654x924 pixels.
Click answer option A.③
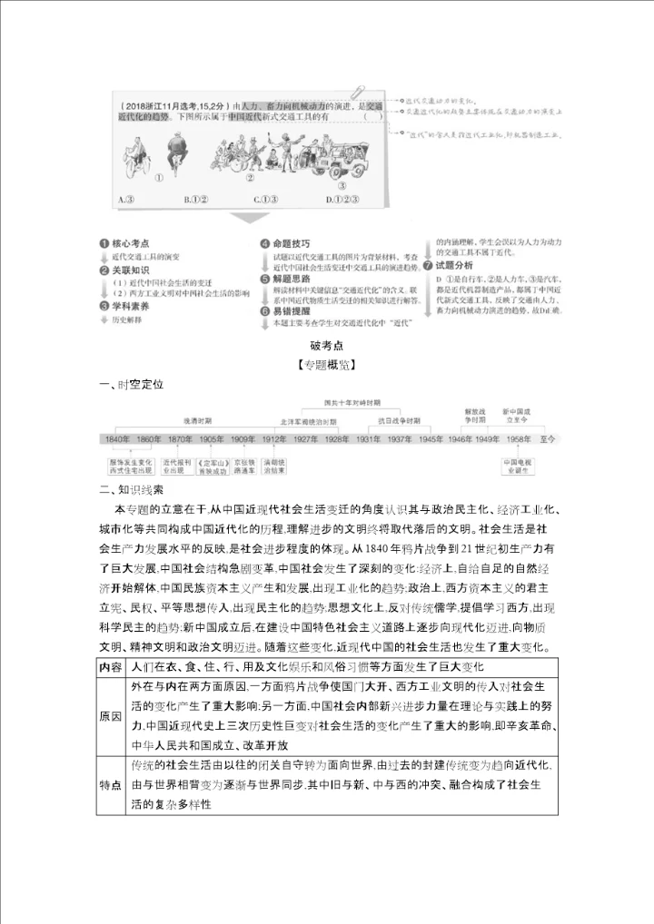pyautogui.click(x=126, y=198)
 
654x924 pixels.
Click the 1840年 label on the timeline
pyautogui.click(x=118, y=439)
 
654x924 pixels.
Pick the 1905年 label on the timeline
pyautogui.click(x=212, y=439)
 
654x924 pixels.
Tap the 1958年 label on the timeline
pyautogui.click(x=519, y=439)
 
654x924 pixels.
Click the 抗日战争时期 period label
pyautogui.click(x=400, y=421)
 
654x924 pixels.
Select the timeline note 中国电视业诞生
pyautogui.click(x=519, y=466)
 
